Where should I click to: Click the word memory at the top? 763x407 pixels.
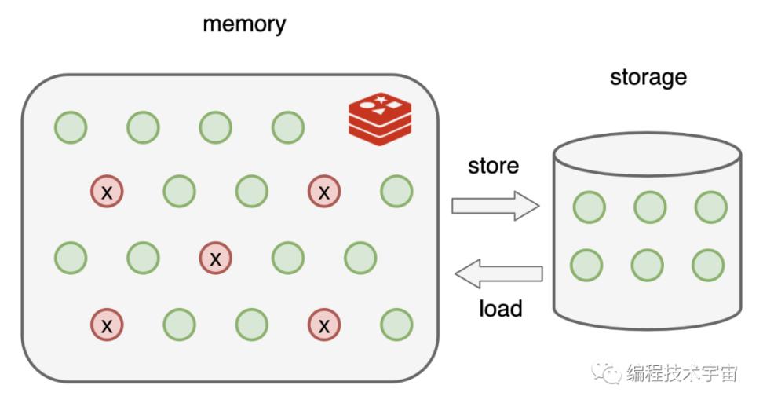[244, 24]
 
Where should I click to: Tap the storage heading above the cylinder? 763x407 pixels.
[648, 77]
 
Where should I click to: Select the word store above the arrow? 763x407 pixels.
[493, 167]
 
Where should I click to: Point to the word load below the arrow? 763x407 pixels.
[500, 308]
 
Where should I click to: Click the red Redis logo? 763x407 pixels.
[380, 119]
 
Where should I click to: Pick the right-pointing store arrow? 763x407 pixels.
[495, 207]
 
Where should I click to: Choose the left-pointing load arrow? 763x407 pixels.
[498, 274]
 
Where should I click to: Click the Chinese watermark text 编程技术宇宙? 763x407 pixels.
[681, 372]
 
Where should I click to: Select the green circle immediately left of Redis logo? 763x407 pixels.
[288, 127]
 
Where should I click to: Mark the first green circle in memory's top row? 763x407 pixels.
[71, 127]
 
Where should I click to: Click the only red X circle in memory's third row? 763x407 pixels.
[216, 257]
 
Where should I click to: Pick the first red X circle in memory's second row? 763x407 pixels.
[108, 191]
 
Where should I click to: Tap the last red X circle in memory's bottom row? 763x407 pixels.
[324, 323]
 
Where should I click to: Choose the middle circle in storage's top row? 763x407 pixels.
[650, 207]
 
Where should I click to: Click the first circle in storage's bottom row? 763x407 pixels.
[586, 265]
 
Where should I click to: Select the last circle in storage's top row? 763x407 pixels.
[710, 207]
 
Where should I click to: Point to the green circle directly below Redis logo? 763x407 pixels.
[396, 191]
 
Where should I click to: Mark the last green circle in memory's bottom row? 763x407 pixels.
[396, 323]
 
